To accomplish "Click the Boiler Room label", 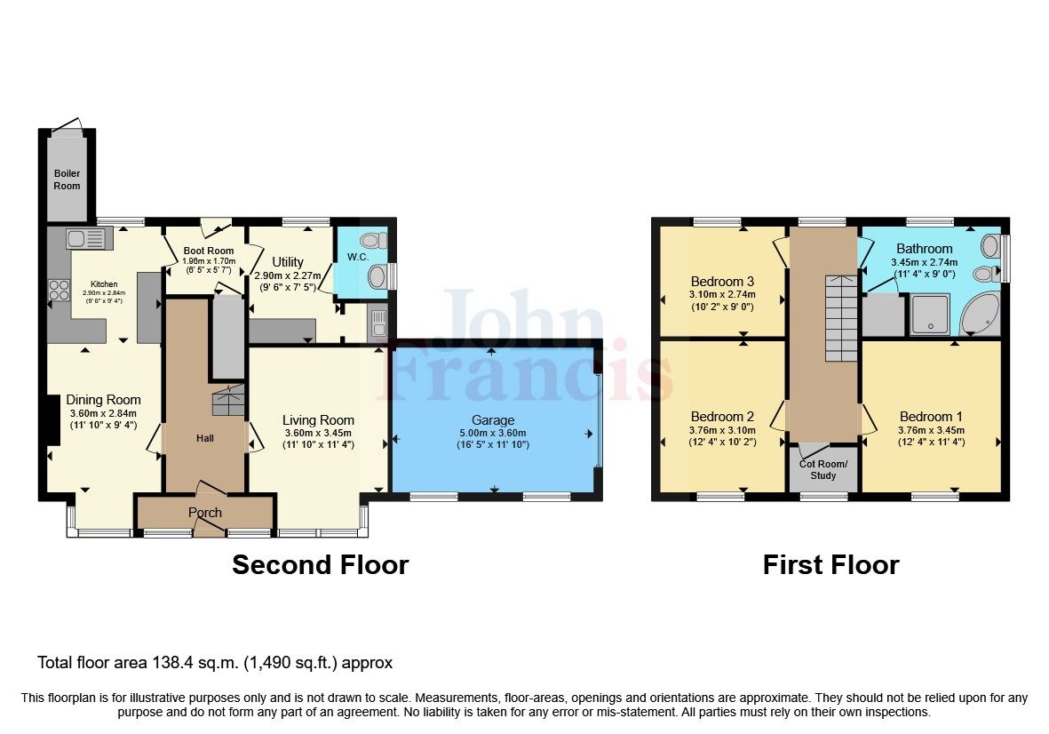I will (67, 180).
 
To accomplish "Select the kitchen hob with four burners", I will (59, 290).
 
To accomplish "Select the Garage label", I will (493, 420).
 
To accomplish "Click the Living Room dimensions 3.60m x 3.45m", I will (318, 433).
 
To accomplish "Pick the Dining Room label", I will (105, 400).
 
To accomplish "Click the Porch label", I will (204, 513).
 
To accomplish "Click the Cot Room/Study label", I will (823, 469).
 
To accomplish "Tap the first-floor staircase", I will (840, 316).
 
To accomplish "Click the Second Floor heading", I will (320, 565).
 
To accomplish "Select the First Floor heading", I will (830, 565).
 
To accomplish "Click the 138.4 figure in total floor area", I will (179, 663).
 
